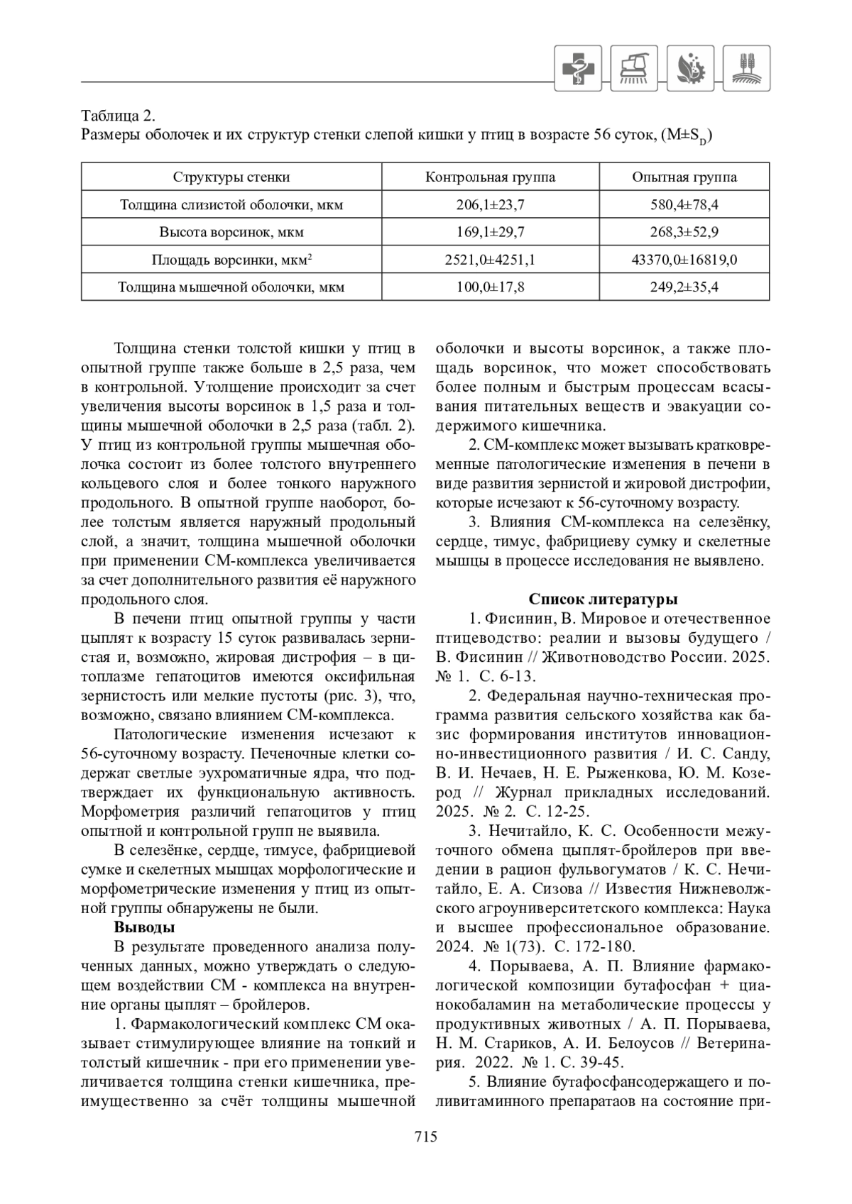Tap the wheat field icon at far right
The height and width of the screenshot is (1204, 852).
(746, 68)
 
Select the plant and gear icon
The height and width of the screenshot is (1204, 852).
(690, 68)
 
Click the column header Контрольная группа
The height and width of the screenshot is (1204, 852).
(490, 177)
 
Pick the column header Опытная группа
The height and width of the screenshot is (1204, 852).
(684, 177)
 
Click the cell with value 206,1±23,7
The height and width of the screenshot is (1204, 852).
(490, 205)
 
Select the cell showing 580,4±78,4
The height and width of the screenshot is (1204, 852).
(684, 205)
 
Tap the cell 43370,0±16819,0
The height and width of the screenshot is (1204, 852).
(684, 260)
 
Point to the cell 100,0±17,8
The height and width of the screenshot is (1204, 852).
(490, 287)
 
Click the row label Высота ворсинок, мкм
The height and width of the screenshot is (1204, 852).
(231, 232)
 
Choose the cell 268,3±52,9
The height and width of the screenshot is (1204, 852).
(684, 232)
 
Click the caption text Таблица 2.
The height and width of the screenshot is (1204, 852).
(118, 116)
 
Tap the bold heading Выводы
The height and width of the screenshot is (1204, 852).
(145, 927)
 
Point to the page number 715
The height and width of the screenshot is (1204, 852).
(426, 1136)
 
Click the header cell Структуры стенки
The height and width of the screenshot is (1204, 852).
(231, 177)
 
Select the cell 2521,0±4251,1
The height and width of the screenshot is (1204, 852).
(490, 260)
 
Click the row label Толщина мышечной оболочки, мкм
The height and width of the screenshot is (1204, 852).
(231, 287)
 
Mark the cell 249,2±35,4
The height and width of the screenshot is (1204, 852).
(684, 287)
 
